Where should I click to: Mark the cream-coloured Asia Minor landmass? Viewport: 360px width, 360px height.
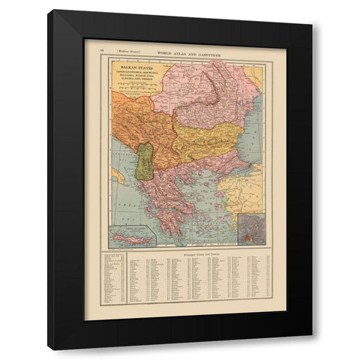point(247,191)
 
